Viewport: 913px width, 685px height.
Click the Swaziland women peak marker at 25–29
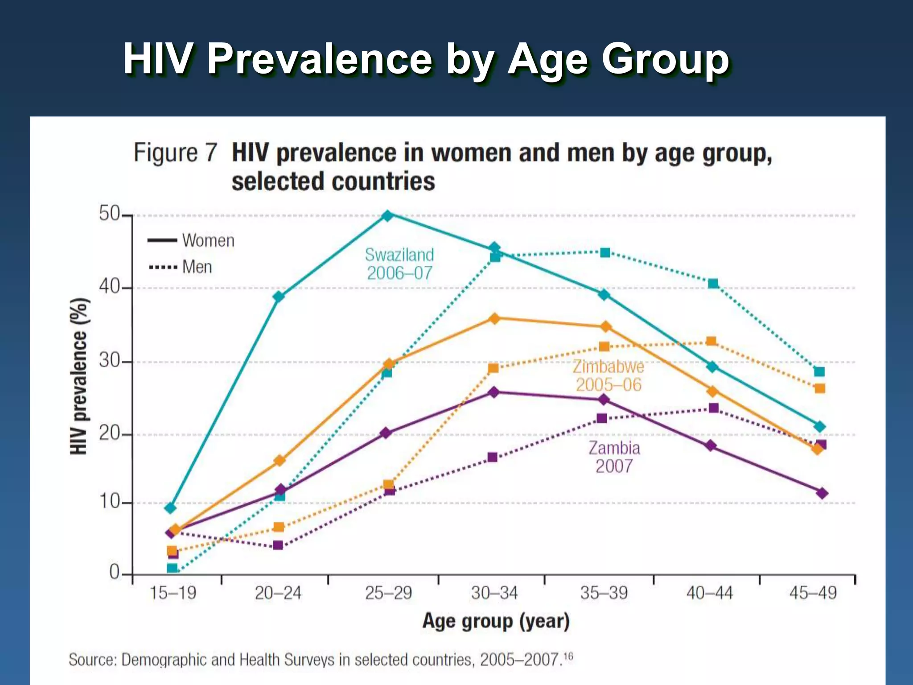point(388,215)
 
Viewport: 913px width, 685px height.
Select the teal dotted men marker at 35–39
point(605,253)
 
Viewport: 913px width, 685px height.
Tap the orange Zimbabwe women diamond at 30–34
point(494,318)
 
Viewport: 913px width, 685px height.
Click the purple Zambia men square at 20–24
point(278,545)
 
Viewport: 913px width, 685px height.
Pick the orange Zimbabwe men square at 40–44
point(711,342)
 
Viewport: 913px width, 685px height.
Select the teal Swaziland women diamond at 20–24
point(279,297)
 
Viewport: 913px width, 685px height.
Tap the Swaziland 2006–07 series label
point(399,264)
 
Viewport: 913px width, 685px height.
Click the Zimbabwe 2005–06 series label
point(609,376)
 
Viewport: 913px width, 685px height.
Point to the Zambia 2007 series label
point(614,457)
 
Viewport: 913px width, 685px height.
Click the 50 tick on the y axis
point(110,214)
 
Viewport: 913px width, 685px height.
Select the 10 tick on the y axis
point(110,502)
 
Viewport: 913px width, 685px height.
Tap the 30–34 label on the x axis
point(494,593)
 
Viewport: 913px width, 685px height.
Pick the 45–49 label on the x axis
point(813,593)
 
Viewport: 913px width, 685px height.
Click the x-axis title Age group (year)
point(496,621)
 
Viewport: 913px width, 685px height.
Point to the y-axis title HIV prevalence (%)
point(79,376)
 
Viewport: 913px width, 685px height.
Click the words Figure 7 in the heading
point(175,153)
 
